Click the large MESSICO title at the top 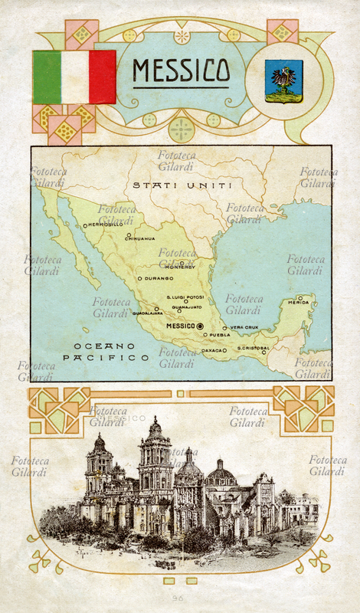pyautogui.click(x=180, y=70)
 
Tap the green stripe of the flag pyautogui.click(x=46, y=77)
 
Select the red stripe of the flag pyautogui.click(x=103, y=77)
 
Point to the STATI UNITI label pyautogui.click(x=172, y=185)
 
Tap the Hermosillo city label pyautogui.click(x=106, y=225)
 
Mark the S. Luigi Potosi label pyautogui.click(x=185, y=297)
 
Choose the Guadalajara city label pyautogui.click(x=147, y=313)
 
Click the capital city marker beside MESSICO pyautogui.click(x=200, y=326)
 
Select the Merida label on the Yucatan pyautogui.click(x=299, y=303)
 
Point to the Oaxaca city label pyautogui.click(x=213, y=350)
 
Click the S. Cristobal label pyautogui.click(x=253, y=348)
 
